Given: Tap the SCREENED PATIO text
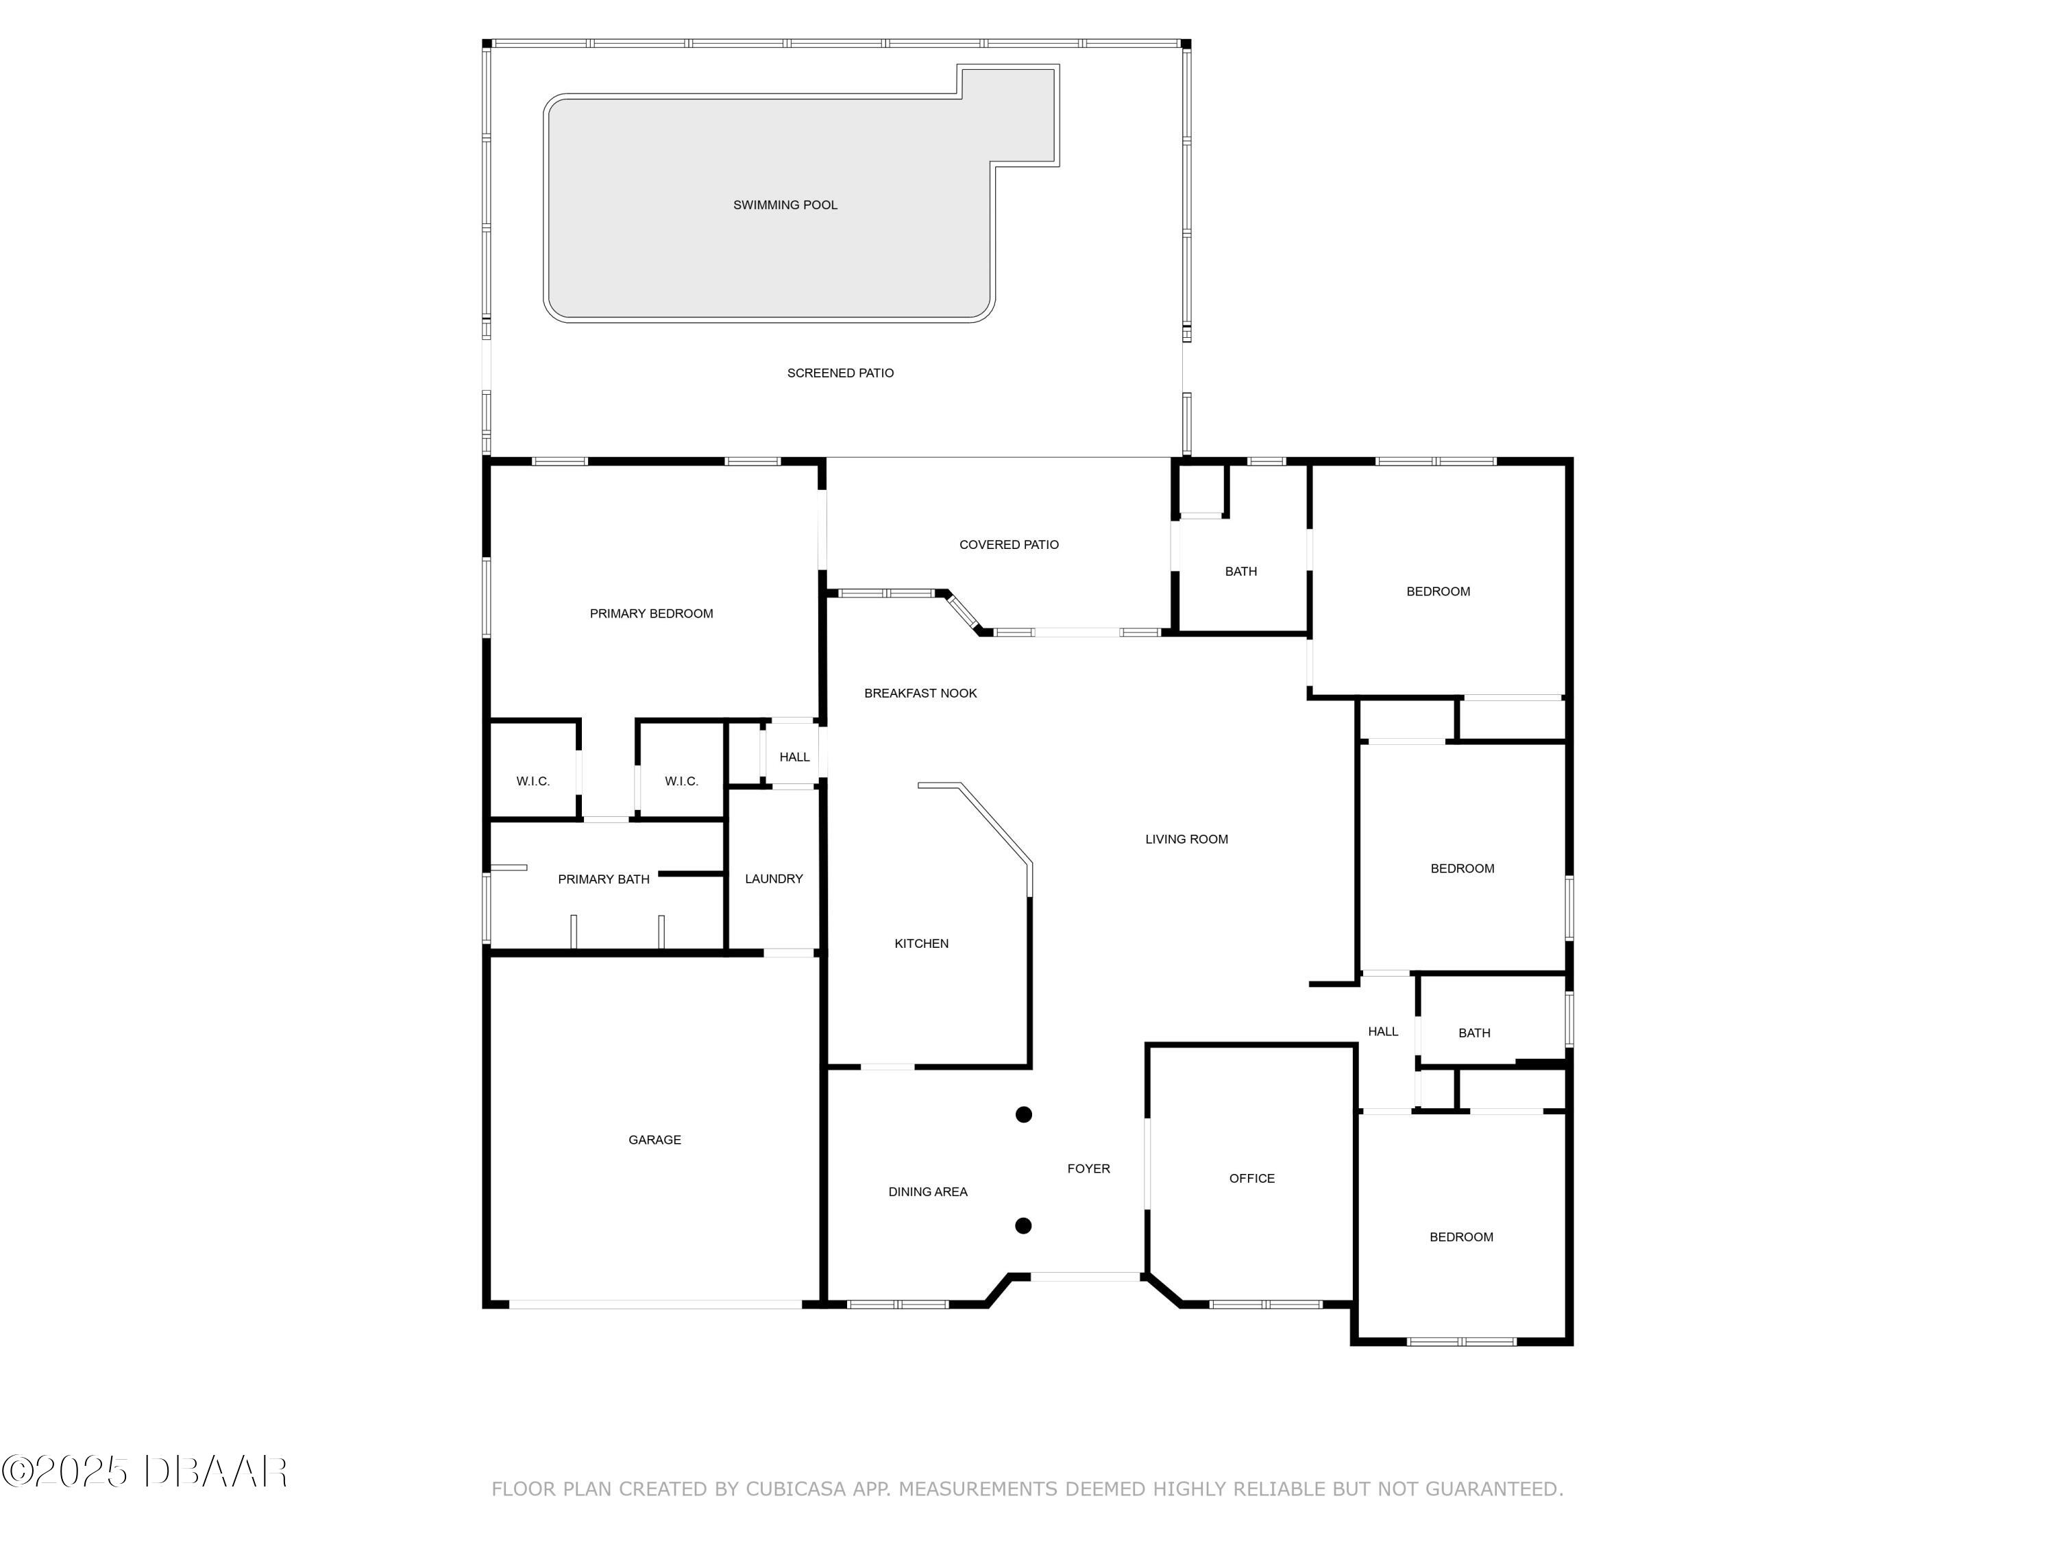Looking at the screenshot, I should click(840, 374).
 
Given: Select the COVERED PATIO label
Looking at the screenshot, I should click(1009, 545).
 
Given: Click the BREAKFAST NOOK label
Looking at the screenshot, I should click(920, 694).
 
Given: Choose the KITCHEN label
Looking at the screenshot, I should click(921, 944).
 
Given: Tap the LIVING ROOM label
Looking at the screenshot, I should click(1186, 840).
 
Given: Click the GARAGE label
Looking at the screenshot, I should click(654, 1140).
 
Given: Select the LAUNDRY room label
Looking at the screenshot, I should click(773, 879).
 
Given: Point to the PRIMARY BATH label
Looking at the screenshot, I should click(603, 879).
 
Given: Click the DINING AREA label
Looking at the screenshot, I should click(928, 1192).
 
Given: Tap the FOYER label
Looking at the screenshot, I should click(1088, 1168).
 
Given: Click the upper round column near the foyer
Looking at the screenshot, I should click(1023, 1114).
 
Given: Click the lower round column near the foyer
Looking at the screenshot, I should click(1023, 1226).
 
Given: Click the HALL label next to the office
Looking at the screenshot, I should click(1382, 1031).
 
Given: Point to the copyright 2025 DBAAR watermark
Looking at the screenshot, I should click(144, 1471).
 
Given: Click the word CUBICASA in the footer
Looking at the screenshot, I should click(796, 1489).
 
